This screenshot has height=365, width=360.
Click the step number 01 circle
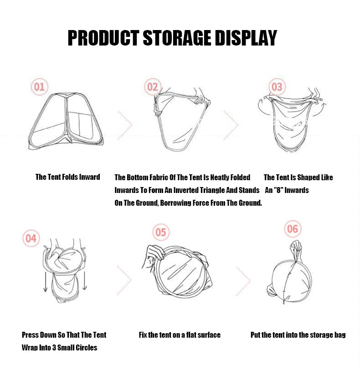click(x=39, y=87)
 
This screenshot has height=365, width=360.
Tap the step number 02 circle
click(x=153, y=87)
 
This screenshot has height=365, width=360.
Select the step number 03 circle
click(x=277, y=87)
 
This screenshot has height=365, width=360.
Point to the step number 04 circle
click(x=31, y=238)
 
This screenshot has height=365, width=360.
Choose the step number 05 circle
click(x=161, y=232)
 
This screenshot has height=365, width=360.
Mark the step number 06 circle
click(x=293, y=229)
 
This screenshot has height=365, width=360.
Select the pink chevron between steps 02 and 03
click(x=231, y=125)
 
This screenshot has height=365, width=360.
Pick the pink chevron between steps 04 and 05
click(x=124, y=280)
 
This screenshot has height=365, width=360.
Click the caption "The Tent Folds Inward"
click(x=68, y=177)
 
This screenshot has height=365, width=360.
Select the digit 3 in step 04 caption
click(x=54, y=348)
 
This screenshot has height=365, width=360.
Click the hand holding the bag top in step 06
click(x=296, y=247)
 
